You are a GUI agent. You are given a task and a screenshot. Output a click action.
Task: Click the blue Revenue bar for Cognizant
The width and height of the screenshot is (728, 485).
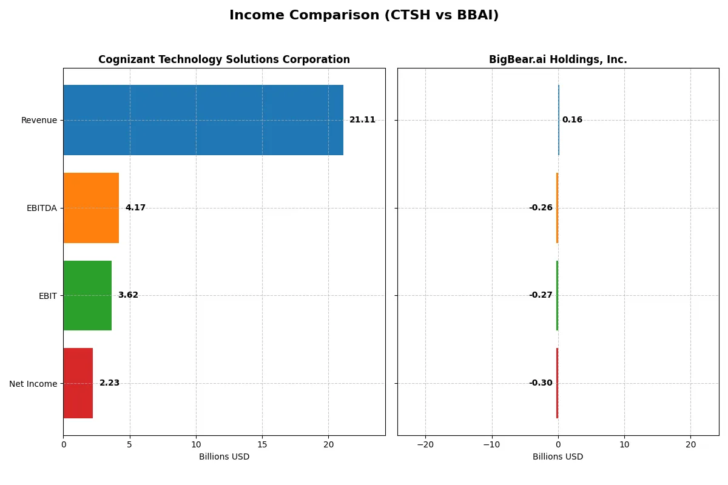[x=203, y=120]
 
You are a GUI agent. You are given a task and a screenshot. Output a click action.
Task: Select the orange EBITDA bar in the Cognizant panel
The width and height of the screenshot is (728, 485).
[x=91, y=208]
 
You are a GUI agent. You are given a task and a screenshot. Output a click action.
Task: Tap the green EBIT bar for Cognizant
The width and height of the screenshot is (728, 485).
[x=87, y=295]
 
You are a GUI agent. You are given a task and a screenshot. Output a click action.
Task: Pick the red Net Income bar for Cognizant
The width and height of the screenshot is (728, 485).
[x=78, y=383]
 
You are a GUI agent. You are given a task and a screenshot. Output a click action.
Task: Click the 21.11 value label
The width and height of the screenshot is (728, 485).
[x=362, y=120]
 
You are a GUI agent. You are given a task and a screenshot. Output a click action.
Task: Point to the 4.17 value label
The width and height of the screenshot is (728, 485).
[x=135, y=208]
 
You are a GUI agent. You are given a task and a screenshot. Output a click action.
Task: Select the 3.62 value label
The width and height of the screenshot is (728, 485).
[x=128, y=295]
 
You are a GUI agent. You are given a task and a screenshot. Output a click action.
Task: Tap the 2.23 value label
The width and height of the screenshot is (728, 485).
[x=109, y=383]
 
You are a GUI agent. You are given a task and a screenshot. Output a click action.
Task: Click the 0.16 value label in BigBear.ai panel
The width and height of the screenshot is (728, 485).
[x=572, y=120]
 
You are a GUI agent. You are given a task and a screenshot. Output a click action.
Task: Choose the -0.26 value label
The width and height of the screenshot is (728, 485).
[x=541, y=208]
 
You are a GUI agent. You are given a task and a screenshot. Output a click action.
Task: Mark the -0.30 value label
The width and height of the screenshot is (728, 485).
[x=541, y=383]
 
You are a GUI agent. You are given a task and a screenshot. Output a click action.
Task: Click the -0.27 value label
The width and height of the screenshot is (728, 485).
[x=541, y=295]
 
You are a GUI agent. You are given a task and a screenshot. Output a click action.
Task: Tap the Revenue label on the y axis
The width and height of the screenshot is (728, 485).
[x=39, y=120]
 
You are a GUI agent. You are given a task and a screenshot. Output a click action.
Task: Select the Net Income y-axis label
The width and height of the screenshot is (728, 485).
[x=33, y=384]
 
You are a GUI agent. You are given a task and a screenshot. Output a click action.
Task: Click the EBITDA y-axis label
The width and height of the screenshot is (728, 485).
[x=42, y=208]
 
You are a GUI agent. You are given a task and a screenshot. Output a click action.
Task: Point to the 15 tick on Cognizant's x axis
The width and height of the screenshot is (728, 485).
[x=262, y=445]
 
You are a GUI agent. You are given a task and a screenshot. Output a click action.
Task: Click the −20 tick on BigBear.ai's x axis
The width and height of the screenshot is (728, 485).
[x=425, y=445]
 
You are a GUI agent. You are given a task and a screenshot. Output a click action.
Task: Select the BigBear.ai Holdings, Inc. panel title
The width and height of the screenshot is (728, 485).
[x=558, y=60]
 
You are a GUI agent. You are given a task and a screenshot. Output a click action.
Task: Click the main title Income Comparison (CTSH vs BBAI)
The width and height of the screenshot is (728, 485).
[x=364, y=16]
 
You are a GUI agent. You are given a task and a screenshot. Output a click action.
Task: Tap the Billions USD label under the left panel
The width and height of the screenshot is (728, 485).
[x=224, y=457]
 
